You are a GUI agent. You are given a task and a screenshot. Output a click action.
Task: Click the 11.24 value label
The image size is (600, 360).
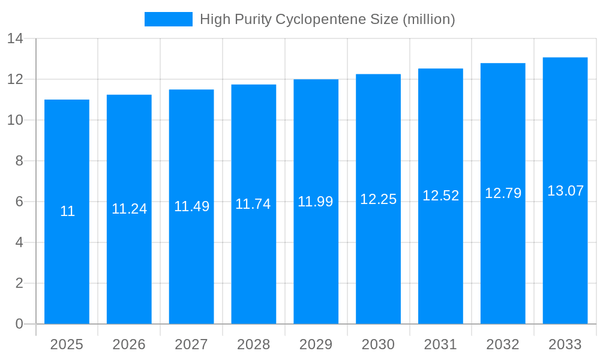point(129,209)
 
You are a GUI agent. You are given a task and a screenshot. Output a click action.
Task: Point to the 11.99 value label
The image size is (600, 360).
point(316,202)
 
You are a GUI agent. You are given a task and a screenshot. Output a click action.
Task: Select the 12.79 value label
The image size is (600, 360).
point(503,193)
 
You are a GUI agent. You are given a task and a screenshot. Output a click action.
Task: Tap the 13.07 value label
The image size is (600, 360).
point(565,191)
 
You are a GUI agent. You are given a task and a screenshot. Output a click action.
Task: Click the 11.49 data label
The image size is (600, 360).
point(191,206)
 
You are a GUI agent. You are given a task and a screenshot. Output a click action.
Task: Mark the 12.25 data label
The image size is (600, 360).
point(378,199)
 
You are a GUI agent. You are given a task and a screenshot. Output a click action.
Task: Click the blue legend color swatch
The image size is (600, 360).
point(169,19)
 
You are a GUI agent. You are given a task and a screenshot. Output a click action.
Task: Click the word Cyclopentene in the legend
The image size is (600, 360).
point(337,19)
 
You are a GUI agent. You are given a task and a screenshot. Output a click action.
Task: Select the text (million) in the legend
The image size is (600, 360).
point(429,19)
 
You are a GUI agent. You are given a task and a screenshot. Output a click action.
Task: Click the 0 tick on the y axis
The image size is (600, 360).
point(19,324)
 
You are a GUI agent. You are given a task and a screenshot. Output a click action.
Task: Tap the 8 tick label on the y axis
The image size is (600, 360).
point(19,161)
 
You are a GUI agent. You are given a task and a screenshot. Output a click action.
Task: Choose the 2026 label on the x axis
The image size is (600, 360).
point(129,344)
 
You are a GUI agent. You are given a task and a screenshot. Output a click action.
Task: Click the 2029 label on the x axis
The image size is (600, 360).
point(316,344)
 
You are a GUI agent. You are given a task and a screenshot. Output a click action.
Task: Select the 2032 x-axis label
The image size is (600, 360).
point(503,344)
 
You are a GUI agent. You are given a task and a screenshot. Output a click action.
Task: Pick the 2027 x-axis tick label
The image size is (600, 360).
point(191,344)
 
